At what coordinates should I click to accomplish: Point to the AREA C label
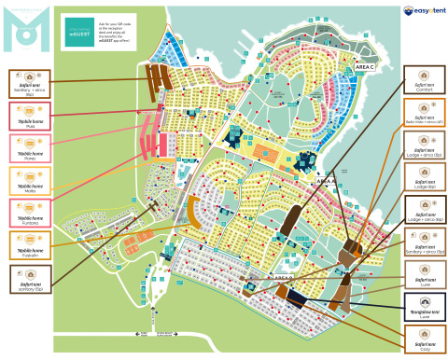tap(365, 67)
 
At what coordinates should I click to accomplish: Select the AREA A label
tap(326, 181)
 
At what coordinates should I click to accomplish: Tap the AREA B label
tap(284, 277)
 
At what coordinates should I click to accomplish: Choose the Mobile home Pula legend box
tap(30, 116)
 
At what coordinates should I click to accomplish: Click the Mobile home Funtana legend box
tap(30, 213)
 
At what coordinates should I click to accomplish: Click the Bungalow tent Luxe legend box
tap(425, 308)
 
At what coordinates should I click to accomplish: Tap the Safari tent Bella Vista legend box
tap(425, 113)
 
